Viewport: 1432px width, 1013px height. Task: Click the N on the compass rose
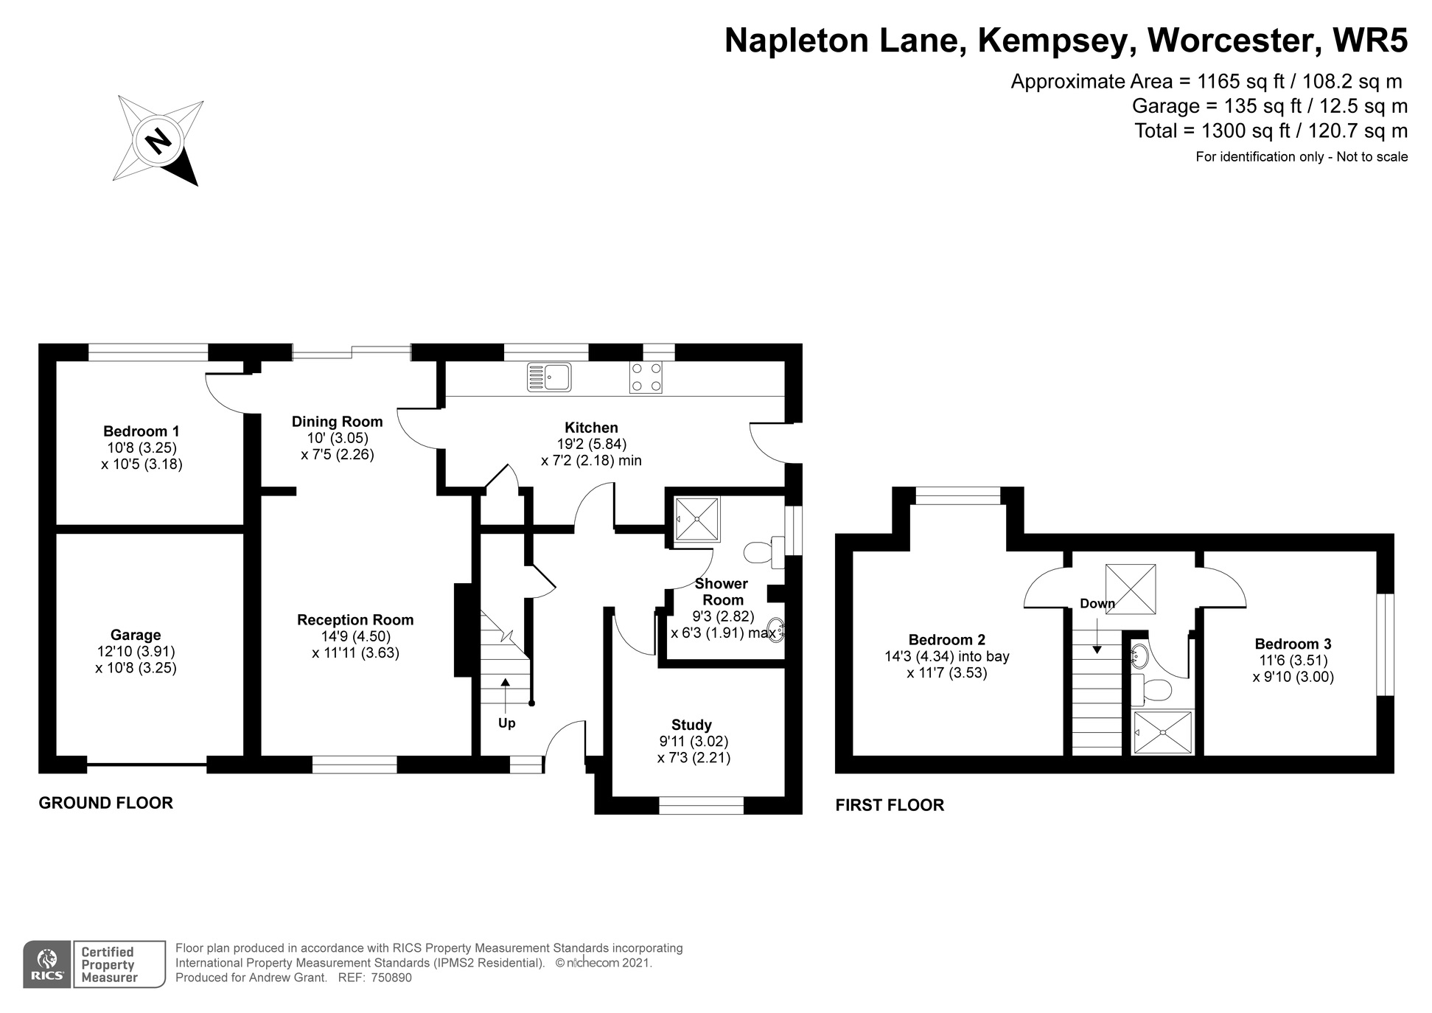click(x=158, y=140)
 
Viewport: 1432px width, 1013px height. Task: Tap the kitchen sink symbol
click(x=548, y=377)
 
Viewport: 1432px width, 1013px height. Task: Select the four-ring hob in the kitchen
click(x=646, y=377)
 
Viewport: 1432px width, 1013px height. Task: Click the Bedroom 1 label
click(x=142, y=431)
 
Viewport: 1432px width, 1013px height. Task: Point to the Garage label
click(x=136, y=635)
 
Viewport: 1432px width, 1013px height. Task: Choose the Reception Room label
click(x=355, y=620)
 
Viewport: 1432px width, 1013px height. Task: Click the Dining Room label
click(x=338, y=422)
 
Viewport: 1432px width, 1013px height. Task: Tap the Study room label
click(x=691, y=725)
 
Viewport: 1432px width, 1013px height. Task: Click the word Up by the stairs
click(x=506, y=723)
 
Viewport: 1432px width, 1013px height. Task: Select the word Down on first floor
click(x=1097, y=604)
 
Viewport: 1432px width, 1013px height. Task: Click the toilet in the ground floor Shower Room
click(x=764, y=552)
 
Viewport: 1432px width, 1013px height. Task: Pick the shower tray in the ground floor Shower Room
click(x=697, y=520)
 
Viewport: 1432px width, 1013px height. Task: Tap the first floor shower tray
click(x=1163, y=732)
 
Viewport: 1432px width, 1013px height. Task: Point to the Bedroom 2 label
click(x=947, y=640)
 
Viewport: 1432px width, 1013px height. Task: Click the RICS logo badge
click(x=48, y=964)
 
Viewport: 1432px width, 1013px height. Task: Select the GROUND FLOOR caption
click(x=106, y=803)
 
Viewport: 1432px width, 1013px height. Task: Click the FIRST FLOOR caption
click(x=890, y=805)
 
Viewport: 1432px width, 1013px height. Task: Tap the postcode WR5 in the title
click(x=1371, y=40)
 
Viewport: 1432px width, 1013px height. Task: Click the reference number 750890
click(x=391, y=978)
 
